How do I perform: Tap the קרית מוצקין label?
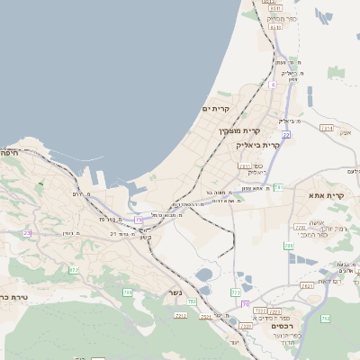(x=237, y=131)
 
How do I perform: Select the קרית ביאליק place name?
(x=258, y=144)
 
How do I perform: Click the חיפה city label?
(x=12, y=152)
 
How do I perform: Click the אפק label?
(x=344, y=132)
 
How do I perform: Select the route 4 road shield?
(x=272, y=84)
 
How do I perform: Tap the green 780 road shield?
(x=289, y=245)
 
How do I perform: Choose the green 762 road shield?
(x=326, y=319)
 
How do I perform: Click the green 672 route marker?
(x=74, y=269)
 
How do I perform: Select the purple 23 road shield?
(x=27, y=233)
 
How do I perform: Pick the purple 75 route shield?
(x=139, y=220)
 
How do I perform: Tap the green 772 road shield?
(x=236, y=292)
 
